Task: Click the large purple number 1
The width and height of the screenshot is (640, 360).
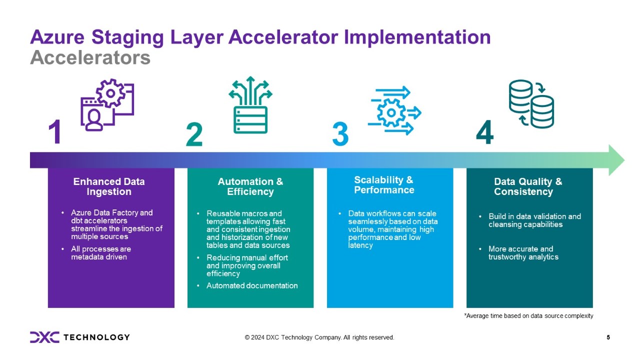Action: coord(55,131)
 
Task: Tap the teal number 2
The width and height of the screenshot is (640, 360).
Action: coord(194,134)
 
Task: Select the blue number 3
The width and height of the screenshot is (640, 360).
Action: coord(340,134)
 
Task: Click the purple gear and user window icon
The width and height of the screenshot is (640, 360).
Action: coord(107,105)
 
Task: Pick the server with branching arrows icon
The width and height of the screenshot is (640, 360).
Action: coord(250,105)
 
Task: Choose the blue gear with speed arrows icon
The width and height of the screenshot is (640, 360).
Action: coord(394,110)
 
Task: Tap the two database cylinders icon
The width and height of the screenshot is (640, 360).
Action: coord(531,104)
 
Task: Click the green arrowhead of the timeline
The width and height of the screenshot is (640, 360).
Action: coord(616,160)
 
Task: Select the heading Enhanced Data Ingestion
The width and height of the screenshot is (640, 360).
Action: coord(109,186)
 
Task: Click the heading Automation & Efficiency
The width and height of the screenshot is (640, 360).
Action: coord(250,186)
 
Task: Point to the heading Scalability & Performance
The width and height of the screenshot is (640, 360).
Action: coord(384,185)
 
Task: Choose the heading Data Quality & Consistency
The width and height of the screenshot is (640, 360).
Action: coord(528,186)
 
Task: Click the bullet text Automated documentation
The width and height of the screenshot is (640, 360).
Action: coord(252,285)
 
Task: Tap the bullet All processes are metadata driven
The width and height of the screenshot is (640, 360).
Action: coord(101,253)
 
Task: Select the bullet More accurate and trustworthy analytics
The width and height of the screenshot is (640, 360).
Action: coord(523,253)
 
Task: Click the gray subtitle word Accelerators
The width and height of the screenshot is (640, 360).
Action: coord(90,57)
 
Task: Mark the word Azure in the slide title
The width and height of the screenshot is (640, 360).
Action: coord(57,37)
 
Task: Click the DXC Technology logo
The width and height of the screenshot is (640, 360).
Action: coord(79,337)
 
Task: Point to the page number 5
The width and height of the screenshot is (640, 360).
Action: coord(608,337)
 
